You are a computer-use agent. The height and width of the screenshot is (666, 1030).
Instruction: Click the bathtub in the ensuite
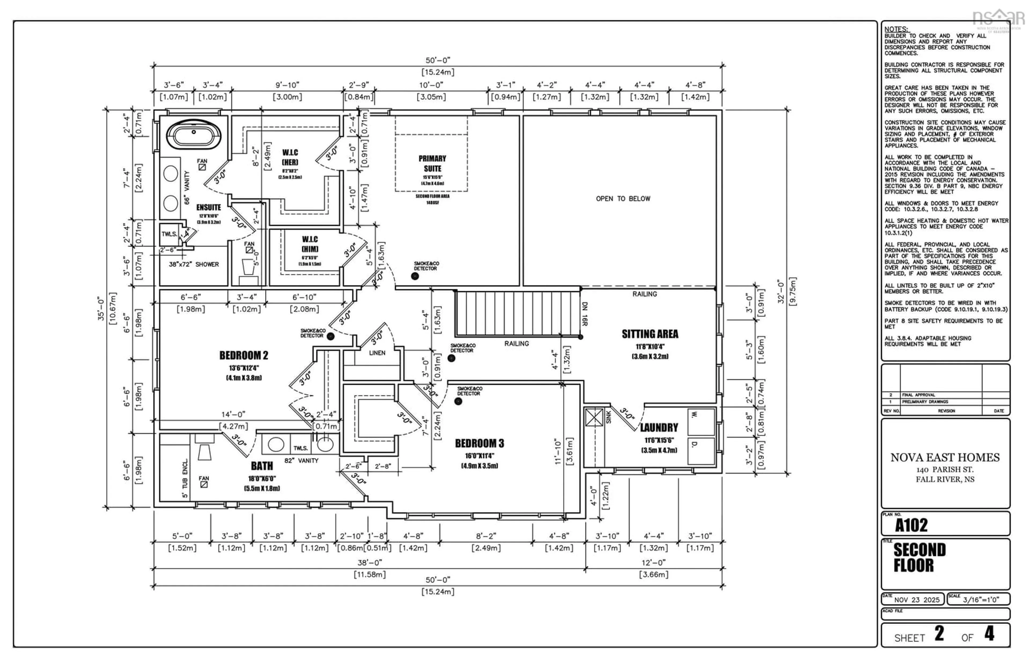click(x=193, y=134)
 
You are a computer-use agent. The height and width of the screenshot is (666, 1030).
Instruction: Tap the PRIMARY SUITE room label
click(x=432, y=164)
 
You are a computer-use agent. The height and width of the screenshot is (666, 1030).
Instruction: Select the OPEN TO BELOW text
click(x=623, y=198)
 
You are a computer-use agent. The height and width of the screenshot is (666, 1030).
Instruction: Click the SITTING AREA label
click(x=650, y=334)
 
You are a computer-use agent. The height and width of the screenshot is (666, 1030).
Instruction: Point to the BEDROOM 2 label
click(x=244, y=356)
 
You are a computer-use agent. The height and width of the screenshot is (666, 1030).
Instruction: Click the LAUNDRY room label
click(x=659, y=428)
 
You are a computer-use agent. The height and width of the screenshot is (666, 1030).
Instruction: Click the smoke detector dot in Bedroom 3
click(x=458, y=401)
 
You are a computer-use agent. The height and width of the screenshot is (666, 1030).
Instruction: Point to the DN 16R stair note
click(x=584, y=313)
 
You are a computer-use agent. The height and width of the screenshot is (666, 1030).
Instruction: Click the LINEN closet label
click(x=377, y=353)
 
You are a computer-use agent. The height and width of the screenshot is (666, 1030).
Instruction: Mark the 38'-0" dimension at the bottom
click(x=369, y=563)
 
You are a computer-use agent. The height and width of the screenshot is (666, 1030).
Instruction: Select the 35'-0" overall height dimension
click(x=101, y=308)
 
